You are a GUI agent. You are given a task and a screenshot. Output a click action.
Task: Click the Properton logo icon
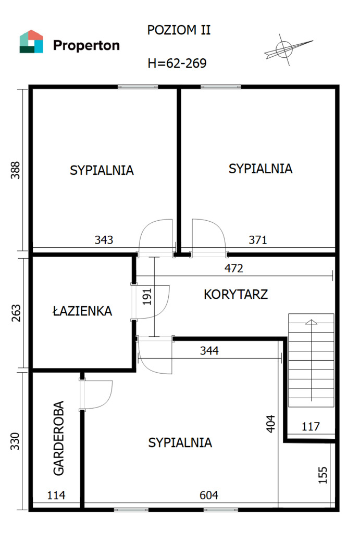pos(31,42)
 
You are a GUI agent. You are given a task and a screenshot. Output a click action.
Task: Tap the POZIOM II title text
pos(179,30)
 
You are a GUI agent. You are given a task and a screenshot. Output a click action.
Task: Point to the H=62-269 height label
pos(177,63)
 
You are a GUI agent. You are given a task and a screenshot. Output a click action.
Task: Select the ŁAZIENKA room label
pos(82,311)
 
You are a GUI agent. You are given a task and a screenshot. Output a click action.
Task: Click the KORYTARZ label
pos(236,295)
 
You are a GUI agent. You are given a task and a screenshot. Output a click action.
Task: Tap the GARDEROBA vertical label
pos(59,438)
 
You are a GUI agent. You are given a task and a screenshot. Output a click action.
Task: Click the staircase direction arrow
pos(312,360)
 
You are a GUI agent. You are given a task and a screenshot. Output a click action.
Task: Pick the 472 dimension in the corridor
pos(234,269)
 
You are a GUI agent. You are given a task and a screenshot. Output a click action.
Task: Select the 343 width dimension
pos(104,240)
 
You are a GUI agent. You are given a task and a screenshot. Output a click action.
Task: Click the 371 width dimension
pos(258,240)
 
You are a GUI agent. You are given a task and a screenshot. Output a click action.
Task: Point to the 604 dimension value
pos(209,496)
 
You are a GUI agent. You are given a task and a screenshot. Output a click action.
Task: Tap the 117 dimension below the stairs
pos(311,426)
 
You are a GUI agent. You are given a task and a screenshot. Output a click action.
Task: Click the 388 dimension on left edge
pos(16,170)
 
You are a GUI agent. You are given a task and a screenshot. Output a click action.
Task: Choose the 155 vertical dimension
pos(322,475)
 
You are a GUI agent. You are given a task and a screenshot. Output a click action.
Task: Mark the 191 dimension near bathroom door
pos(147,297)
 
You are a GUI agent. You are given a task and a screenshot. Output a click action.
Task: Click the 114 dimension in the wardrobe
pos(56,496)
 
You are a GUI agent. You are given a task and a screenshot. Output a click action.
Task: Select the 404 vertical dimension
pos(270,424)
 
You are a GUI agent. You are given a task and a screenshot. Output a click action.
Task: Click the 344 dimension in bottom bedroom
pos(209,351)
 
